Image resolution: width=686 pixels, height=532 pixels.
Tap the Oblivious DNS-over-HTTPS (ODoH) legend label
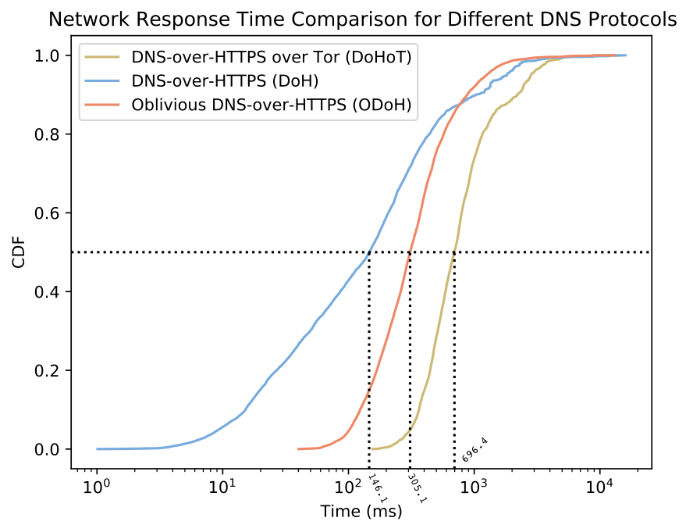272,105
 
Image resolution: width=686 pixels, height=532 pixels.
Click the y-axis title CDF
21,252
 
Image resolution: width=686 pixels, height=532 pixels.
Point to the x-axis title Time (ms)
361,512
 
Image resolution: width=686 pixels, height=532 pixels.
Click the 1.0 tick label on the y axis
52,55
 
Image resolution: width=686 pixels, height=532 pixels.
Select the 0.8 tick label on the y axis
52,134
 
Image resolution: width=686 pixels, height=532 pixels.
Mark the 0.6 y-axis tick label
52,213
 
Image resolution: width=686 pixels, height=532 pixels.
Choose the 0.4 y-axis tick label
52,291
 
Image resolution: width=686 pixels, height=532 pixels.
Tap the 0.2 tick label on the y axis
52,370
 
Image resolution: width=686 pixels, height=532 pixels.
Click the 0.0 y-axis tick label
52,449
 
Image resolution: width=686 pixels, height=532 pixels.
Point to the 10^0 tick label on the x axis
98,491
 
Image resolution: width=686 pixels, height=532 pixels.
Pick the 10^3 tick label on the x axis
474,491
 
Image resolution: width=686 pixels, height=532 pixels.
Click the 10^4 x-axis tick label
599,491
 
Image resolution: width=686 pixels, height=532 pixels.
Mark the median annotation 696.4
475,451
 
